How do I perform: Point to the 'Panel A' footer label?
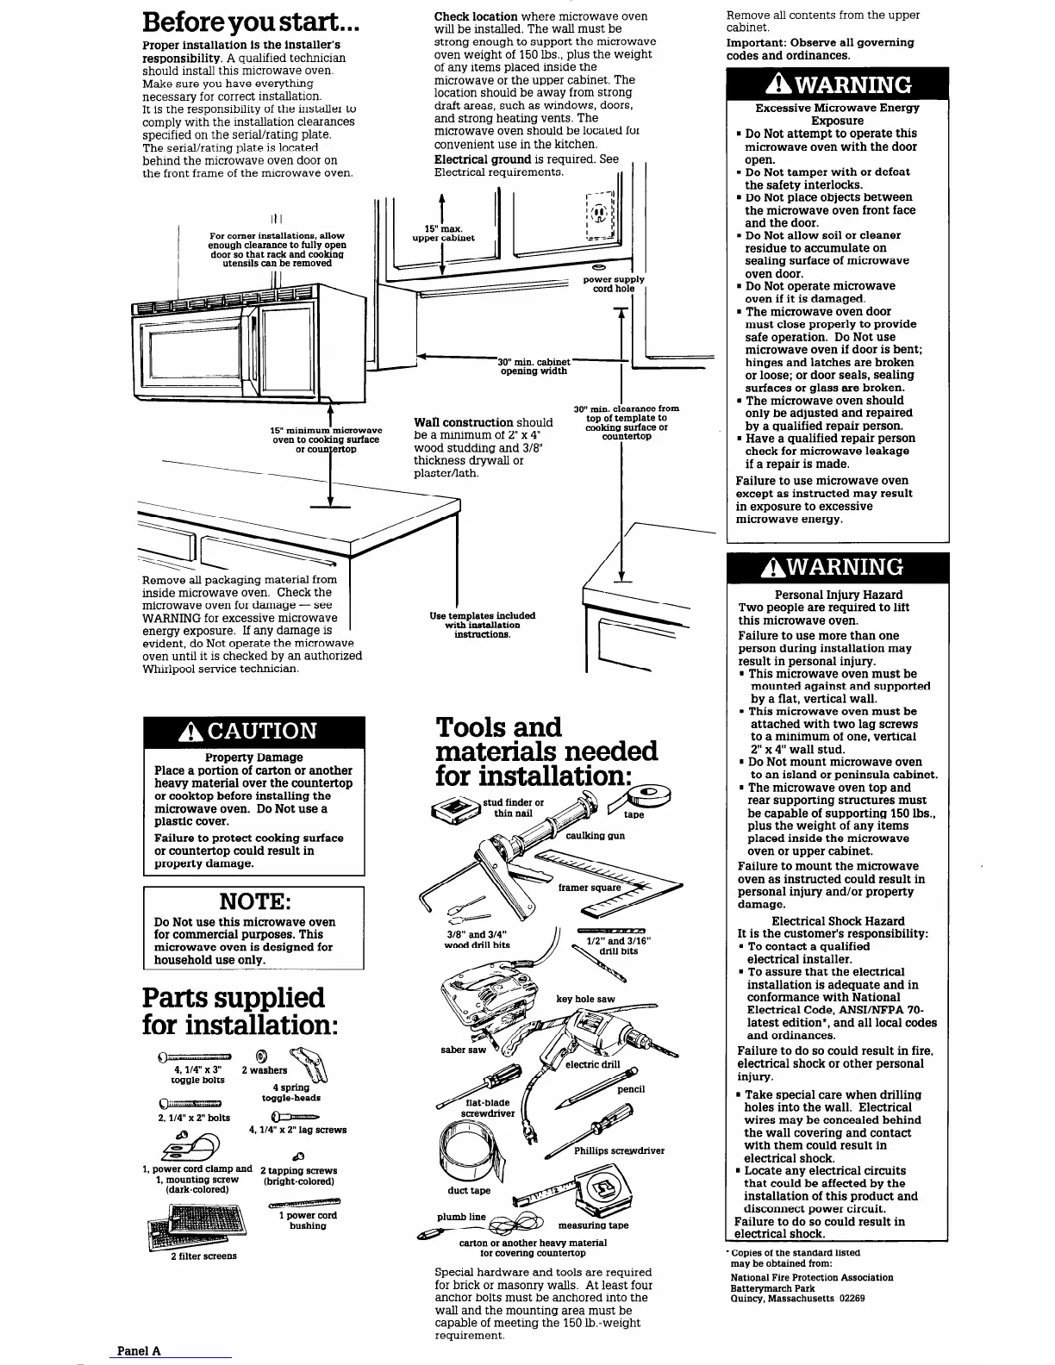coord(139,1351)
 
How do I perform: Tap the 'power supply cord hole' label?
coord(613,284)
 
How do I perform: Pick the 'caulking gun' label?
coord(595,836)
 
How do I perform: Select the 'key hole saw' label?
coord(585,999)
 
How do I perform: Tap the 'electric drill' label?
coord(592,1064)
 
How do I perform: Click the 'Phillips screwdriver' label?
coord(619,1150)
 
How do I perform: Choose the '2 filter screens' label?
coord(203,1256)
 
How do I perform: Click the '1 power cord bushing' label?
coord(308,1220)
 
